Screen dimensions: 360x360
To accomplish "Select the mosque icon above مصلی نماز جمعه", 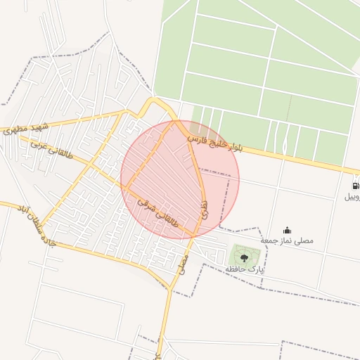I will [287, 230].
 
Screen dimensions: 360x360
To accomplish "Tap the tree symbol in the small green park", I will [244, 258].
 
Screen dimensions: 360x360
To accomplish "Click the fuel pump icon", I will [354, 186].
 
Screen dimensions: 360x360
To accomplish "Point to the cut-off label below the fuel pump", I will [352, 198].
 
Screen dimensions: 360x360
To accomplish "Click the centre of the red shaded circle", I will [180, 180].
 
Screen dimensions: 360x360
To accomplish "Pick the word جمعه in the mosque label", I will [269, 240].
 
